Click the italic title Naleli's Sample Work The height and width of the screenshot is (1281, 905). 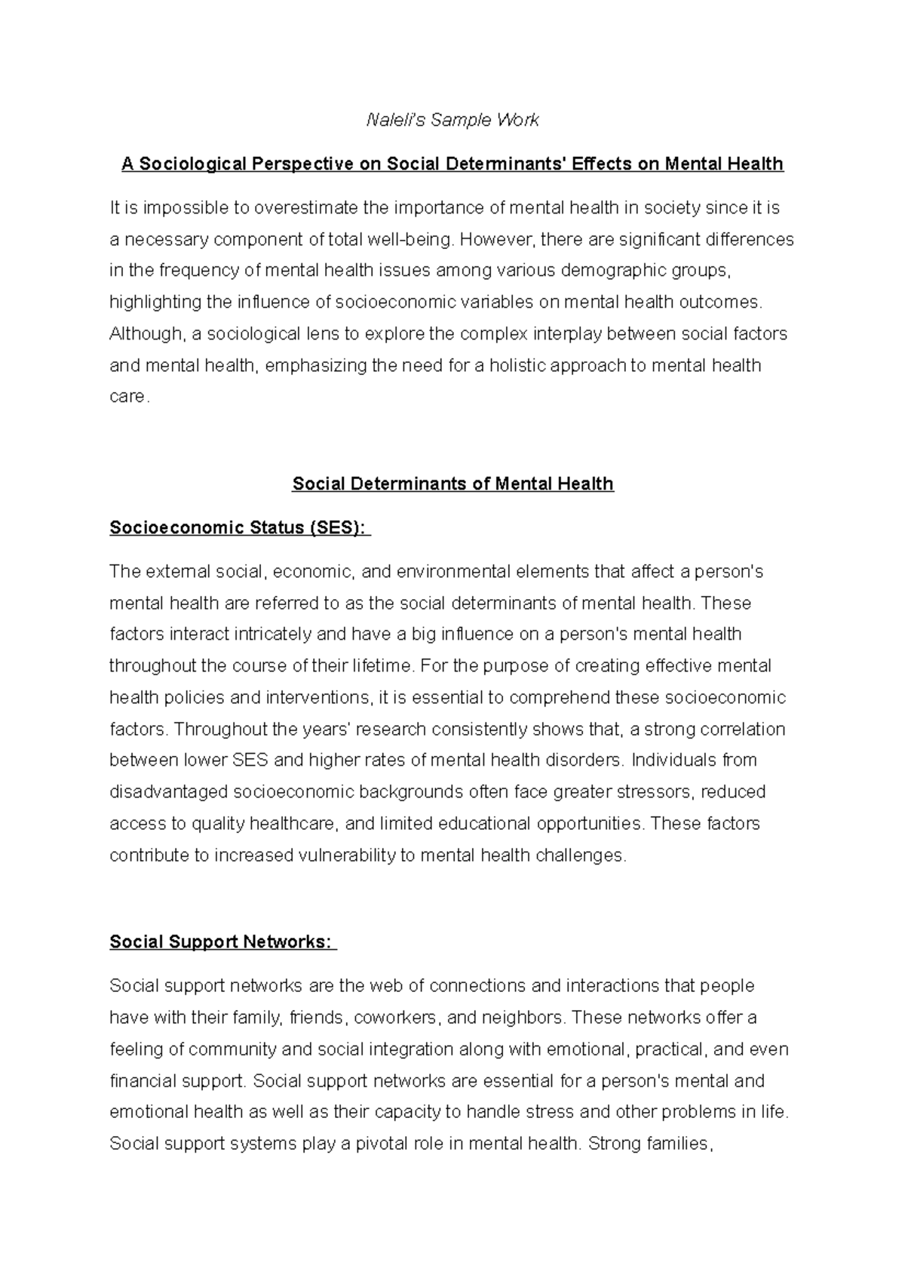point(452,120)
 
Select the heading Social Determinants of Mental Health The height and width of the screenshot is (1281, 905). point(452,484)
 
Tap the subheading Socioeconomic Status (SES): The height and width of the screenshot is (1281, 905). point(239,527)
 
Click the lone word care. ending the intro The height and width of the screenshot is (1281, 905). point(129,397)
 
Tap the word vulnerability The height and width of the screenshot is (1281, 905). point(345,856)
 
